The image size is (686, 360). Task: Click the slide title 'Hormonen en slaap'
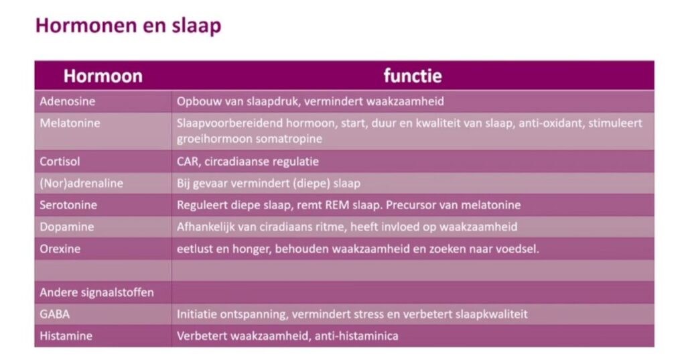click(x=128, y=26)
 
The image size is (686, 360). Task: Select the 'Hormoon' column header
click(x=103, y=76)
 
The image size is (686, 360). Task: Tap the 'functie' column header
click(x=413, y=76)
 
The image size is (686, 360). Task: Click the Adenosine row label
click(x=68, y=101)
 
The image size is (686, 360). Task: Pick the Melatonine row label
click(x=70, y=123)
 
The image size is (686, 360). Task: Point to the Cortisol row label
click(x=60, y=161)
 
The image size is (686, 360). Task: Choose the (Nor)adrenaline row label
click(x=81, y=183)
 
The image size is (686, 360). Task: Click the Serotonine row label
click(x=68, y=205)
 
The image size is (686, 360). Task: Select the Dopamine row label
click(x=67, y=227)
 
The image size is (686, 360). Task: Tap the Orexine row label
click(x=60, y=249)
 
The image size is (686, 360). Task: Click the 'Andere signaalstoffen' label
click(x=96, y=292)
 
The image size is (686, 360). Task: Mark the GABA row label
click(x=55, y=314)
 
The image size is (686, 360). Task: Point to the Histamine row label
click(x=66, y=336)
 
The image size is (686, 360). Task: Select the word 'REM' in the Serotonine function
click(x=337, y=205)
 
